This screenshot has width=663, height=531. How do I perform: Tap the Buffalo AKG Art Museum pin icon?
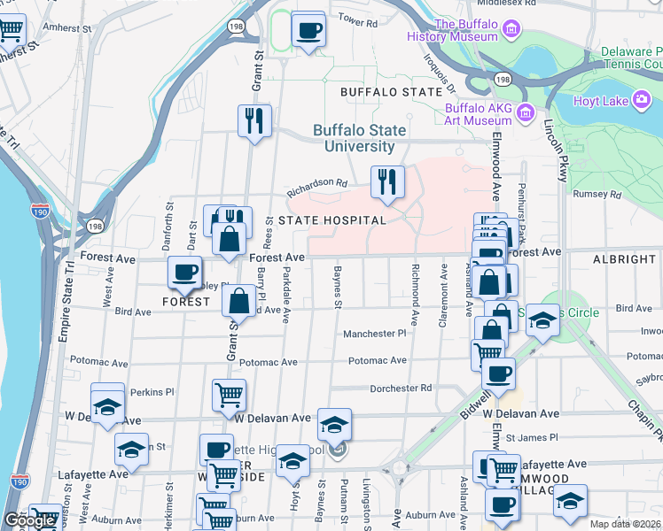(526, 113)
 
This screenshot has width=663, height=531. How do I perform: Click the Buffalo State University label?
(359, 138)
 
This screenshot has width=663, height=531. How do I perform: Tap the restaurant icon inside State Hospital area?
(387, 182)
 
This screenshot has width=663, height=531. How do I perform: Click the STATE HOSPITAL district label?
(332, 220)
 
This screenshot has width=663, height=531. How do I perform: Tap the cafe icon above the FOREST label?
(184, 273)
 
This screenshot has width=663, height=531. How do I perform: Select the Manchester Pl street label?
(375, 334)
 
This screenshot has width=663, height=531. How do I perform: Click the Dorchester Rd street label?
(401, 388)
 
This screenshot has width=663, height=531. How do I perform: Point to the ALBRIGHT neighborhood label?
(626, 259)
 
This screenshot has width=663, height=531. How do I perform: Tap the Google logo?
(29, 521)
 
